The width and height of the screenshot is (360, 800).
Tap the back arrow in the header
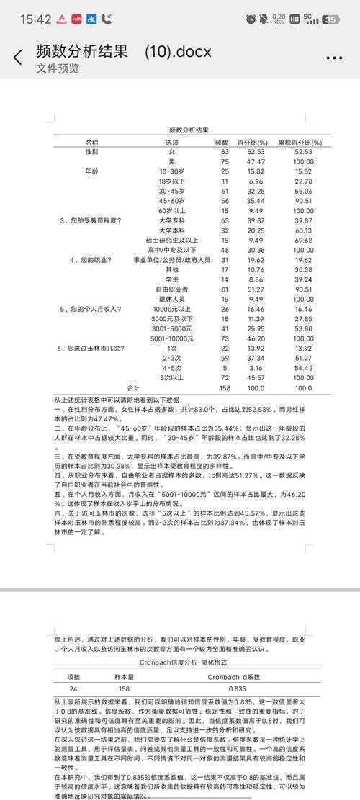pyautogui.click(x=18, y=58)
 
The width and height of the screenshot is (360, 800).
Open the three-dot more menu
pyautogui.click(x=333, y=58)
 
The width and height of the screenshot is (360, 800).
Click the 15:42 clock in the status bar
pyautogui.click(x=35, y=19)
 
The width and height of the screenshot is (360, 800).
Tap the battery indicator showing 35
pyautogui.click(x=330, y=19)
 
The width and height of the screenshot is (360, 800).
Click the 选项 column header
pyautogui.click(x=172, y=142)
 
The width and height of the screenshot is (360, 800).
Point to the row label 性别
pyautogui.click(x=92, y=152)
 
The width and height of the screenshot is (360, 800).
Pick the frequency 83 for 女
pyautogui.click(x=224, y=152)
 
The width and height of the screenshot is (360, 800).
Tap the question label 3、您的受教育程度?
pyautogui.click(x=90, y=220)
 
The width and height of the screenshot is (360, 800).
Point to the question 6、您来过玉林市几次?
pyautogui.click(x=91, y=348)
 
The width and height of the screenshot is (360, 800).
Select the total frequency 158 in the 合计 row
pyautogui.click(x=223, y=387)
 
